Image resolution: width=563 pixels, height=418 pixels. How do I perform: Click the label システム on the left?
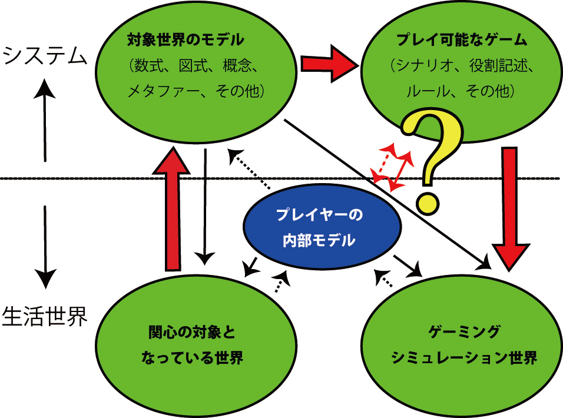[x=45, y=57]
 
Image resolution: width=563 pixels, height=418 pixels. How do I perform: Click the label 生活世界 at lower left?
[x=45, y=316]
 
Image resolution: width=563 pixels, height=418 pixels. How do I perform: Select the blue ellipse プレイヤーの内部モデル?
[x=323, y=227]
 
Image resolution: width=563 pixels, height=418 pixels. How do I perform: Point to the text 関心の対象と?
[x=191, y=333]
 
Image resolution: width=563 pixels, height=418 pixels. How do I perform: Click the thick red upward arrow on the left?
[x=171, y=209]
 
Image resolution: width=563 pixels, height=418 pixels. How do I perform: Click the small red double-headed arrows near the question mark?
[x=392, y=167]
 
